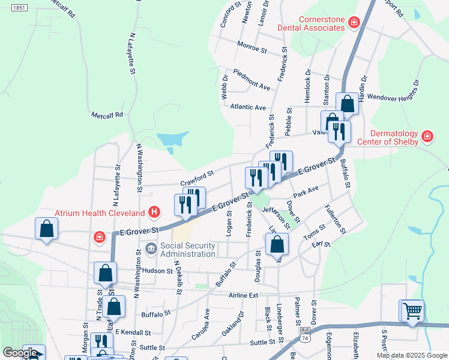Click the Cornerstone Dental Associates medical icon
click(x=354, y=23)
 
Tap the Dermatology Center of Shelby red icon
click(x=427, y=136)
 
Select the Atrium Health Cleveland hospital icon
click(x=155, y=212)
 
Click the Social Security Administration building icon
click(x=150, y=248)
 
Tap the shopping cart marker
click(x=412, y=311)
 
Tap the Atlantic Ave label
click(x=247, y=107)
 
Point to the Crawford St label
click(x=197, y=178)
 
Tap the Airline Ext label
click(x=243, y=295)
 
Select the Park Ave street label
click(x=306, y=191)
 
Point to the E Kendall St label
click(x=133, y=332)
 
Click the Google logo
click(x=20, y=353)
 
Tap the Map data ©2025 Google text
click(x=412, y=355)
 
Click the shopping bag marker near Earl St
click(x=277, y=244)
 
